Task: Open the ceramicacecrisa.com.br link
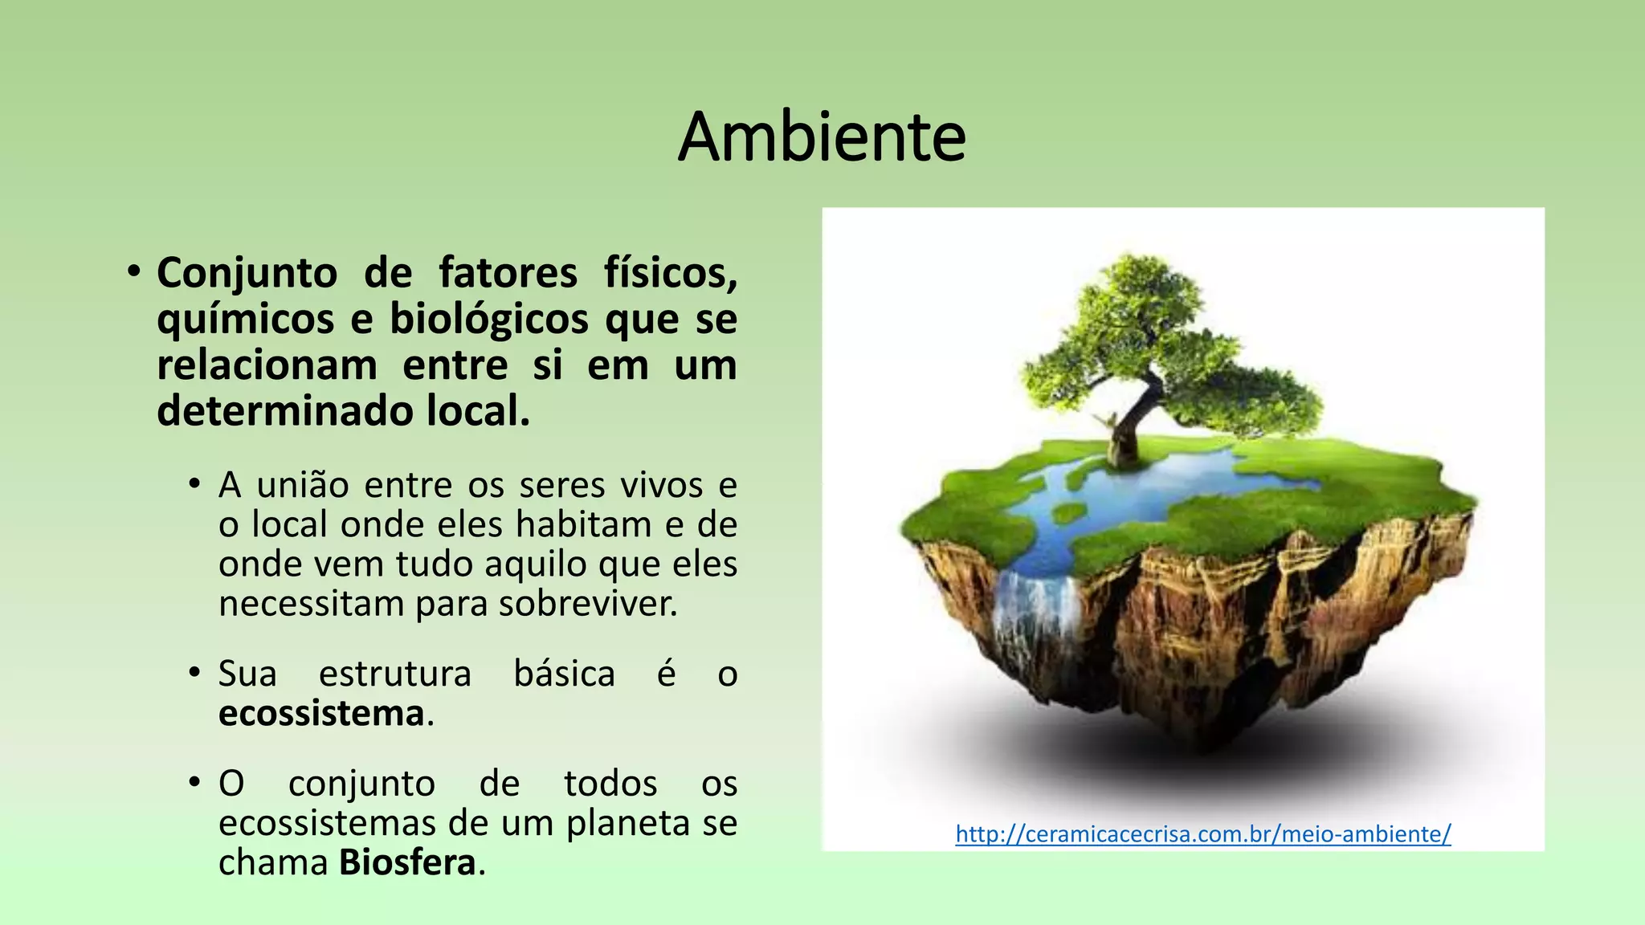coord(1202,834)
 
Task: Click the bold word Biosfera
coord(407,863)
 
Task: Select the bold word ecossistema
coord(321,713)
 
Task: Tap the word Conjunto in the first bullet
coord(247,273)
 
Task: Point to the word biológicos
coord(489,319)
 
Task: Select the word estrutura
coord(394,674)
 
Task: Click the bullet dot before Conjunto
coord(133,271)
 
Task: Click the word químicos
coord(245,319)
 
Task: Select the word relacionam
coord(267,365)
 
